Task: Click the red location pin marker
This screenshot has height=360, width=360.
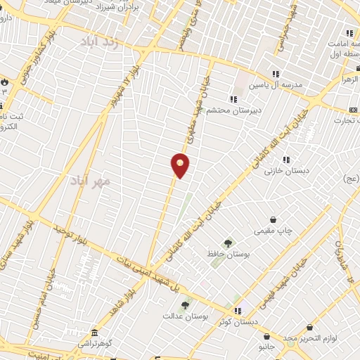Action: point(181,165)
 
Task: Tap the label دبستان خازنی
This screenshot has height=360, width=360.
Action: point(288,170)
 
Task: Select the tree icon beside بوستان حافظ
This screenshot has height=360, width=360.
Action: point(226,243)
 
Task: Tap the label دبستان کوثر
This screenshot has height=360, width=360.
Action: point(238,322)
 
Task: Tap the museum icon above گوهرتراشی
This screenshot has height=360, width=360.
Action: point(94,332)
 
